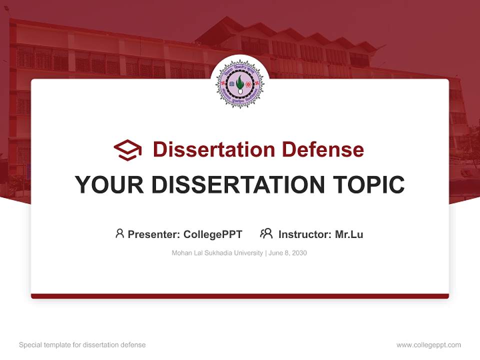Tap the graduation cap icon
(127, 149)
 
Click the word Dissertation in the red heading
(214, 149)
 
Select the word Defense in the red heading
(322, 149)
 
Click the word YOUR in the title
(109, 185)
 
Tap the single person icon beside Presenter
(119, 233)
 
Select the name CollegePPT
(213, 234)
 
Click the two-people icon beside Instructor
(266, 233)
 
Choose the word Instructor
(304, 234)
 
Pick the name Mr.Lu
(349, 234)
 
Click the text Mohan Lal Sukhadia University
(217, 253)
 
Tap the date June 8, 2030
(287, 253)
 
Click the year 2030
(299, 253)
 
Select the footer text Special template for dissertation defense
(82, 345)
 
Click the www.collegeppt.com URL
(428, 345)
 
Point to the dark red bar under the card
(240, 296)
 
